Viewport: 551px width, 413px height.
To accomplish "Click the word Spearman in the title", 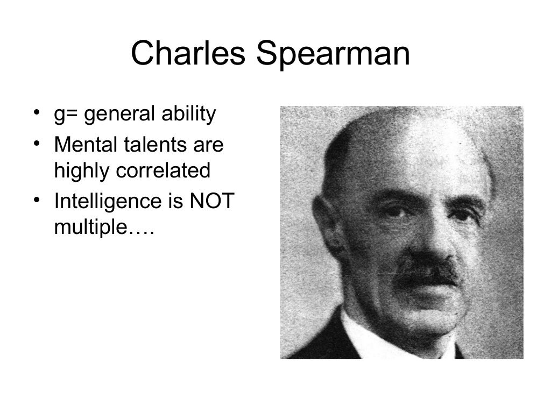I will click(x=333, y=55).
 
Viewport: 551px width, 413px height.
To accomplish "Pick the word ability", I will click(x=189, y=115).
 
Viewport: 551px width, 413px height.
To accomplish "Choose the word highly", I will click(x=82, y=171).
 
